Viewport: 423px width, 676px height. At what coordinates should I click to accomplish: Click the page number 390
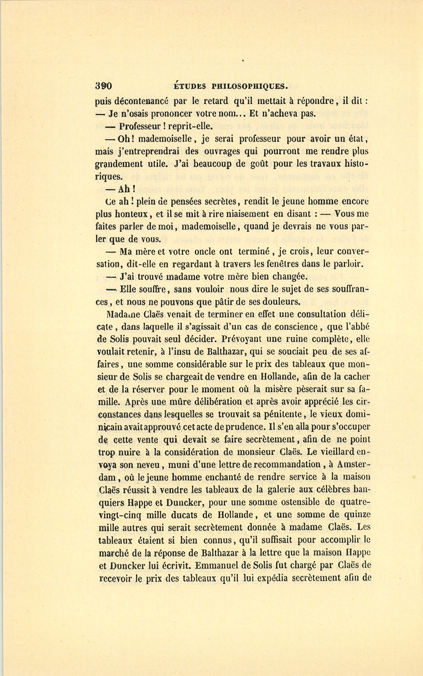pos(104,86)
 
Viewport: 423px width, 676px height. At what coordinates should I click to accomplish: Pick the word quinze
pos(355,515)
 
